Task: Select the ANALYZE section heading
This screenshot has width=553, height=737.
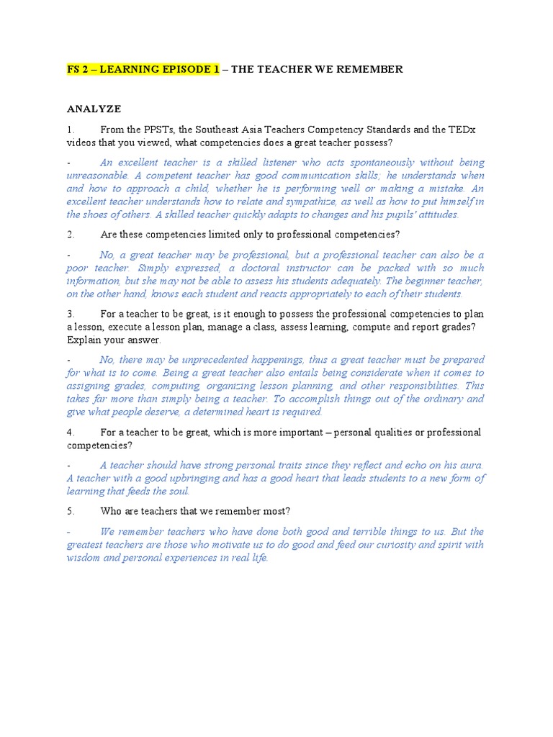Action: pos(94,109)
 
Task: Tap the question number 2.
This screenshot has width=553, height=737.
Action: pos(71,235)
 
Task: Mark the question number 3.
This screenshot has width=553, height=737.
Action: pos(71,314)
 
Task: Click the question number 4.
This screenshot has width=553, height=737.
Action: pos(71,432)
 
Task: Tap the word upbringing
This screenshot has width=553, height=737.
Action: pos(210,478)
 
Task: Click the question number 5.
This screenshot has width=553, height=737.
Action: pos(71,511)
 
